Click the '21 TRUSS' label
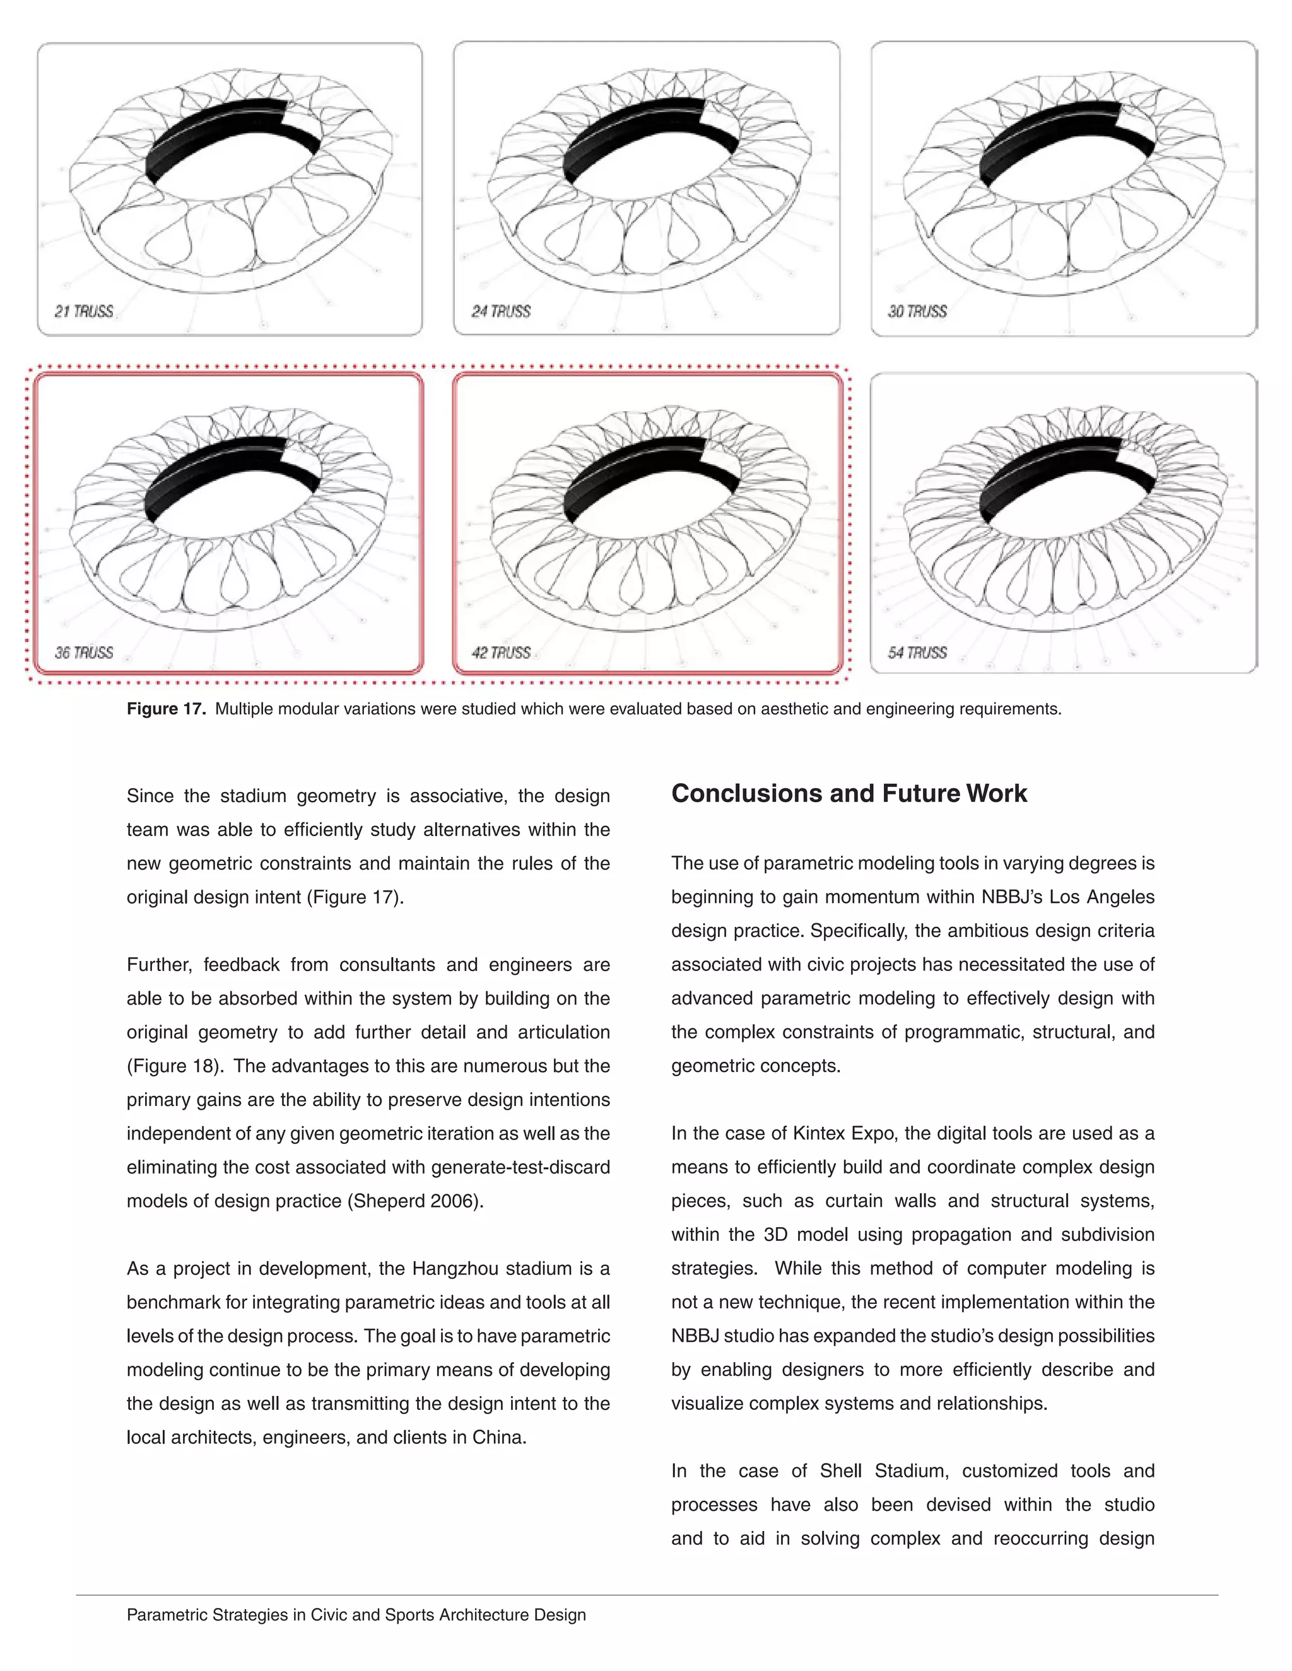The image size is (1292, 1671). coord(84,311)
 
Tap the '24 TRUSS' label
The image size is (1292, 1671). coord(502,311)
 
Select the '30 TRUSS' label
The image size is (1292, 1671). coord(918,311)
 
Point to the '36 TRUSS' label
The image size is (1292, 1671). coord(84,653)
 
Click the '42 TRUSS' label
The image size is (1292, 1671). coord(502,653)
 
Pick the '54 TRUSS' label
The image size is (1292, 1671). coord(918,653)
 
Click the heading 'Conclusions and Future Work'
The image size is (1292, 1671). coord(849,793)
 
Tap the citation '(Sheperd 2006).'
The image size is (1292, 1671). coord(416,1201)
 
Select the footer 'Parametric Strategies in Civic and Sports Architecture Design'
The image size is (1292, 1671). coord(356,1615)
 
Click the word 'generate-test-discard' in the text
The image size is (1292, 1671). coord(520,1168)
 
